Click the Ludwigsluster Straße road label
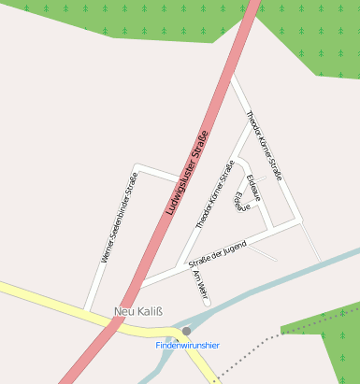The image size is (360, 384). coord(185,173)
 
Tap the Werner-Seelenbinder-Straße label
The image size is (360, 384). coord(120,217)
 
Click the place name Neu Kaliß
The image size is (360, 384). coord(136,311)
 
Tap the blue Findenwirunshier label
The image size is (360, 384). coord(187,345)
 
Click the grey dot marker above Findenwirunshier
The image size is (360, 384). coord(187,331)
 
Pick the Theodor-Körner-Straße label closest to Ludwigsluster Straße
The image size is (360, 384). coord(214,195)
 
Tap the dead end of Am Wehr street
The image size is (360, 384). coord(207,301)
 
